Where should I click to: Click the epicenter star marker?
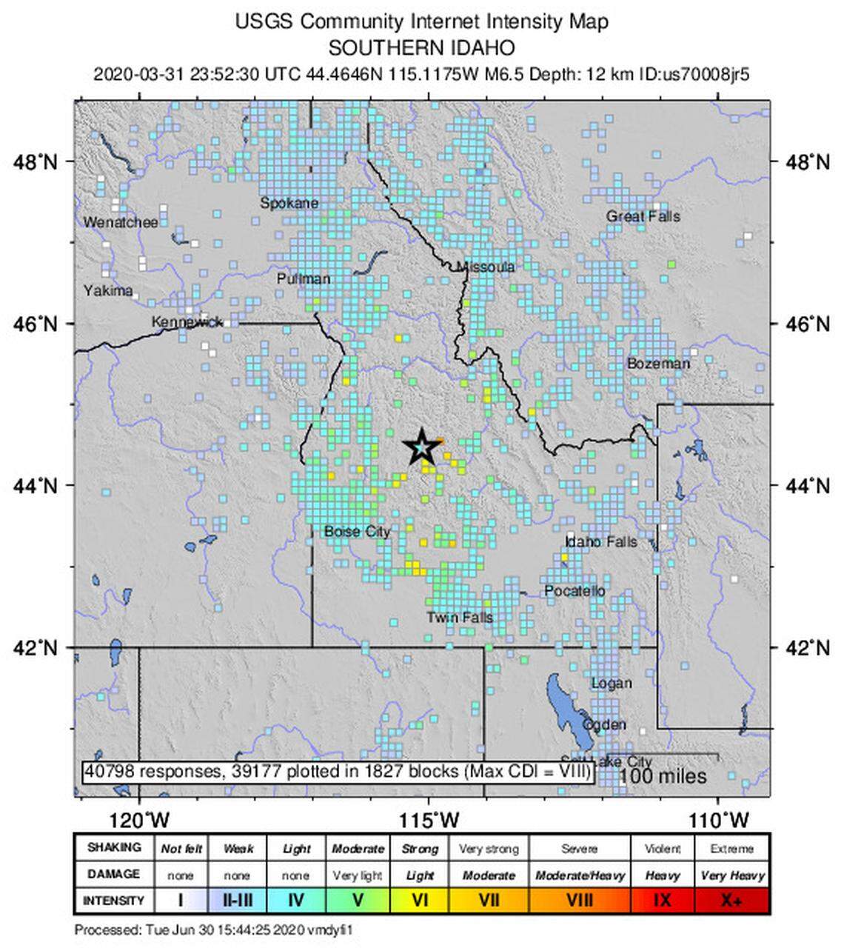click(421, 447)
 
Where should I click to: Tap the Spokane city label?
click(289, 203)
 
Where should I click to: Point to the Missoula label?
click(486, 267)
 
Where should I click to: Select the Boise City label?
click(357, 531)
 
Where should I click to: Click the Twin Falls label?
click(459, 617)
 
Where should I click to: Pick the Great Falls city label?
click(643, 216)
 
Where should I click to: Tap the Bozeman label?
click(658, 363)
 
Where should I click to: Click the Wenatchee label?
click(121, 222)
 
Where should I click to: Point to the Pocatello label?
click(575, 590)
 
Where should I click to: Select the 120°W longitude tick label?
click(140, 820)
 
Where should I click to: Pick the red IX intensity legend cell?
click(663, 901)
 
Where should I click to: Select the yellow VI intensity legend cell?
click(420, 901)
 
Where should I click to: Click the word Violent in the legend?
click(663, 849)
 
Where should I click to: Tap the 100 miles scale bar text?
click(662, 776)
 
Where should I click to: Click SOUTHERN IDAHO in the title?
click(421, 48)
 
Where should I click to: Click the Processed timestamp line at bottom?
click(218, 929)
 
